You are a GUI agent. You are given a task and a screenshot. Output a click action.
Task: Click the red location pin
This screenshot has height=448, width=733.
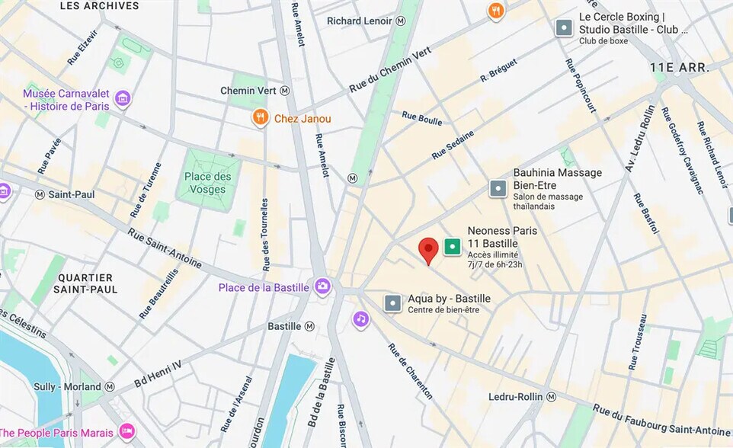pyautogui.click(x=429, y=250)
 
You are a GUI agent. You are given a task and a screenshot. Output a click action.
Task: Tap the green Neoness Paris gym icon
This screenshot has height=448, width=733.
pyautogui.click(x=453, y=246)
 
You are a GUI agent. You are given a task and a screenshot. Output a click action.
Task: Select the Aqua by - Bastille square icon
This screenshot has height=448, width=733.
pyautogui.click(x=393, y=303)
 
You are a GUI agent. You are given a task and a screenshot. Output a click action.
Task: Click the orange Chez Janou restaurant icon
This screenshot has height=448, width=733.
pyautogui.click(x=261, y=118)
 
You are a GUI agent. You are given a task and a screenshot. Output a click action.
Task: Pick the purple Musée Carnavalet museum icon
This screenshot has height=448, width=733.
pyautogui.click(x=122, y=98)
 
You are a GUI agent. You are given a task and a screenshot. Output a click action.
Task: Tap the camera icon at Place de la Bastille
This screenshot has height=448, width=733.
pyautogui.click(x=322, y=286)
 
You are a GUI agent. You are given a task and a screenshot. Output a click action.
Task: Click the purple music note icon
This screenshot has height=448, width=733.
pyautogui.click(x=361, y=319)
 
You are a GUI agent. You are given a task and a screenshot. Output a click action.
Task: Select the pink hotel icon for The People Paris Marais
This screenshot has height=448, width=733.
pyautogui.click(x=126, y=432)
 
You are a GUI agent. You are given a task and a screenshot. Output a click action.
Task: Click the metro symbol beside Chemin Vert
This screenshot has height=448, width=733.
pyautogui.click(x=285, y=91)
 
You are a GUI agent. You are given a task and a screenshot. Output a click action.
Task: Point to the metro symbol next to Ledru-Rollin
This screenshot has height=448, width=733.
pyautogui.click(x=551, y=397)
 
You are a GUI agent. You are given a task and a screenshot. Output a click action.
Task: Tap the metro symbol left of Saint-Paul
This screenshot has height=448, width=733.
pyautogui.click(x=40, y=194)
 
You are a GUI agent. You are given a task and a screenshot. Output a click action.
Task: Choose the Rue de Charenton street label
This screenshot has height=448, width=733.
pyautogui.click(x=411, y=371)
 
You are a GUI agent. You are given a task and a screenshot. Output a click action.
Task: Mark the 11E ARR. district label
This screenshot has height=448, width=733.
pyautogui.click(x=679, y=68)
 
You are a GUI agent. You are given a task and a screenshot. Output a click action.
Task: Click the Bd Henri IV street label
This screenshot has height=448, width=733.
pyautogui.click(x=158, y=374)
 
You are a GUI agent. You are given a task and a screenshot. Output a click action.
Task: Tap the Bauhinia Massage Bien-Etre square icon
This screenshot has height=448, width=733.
pyautogui.click(x=498, y=187)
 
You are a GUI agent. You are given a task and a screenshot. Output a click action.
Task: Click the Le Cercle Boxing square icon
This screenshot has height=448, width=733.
pyautogui.click(x=564, y=28)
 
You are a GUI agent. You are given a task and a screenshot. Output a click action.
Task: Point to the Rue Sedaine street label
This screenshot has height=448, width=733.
pyautogui.click(x=453, y=145)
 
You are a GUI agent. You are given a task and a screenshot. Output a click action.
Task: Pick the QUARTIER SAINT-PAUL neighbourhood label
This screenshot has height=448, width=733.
pyautogui.click(x=86, y=283)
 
